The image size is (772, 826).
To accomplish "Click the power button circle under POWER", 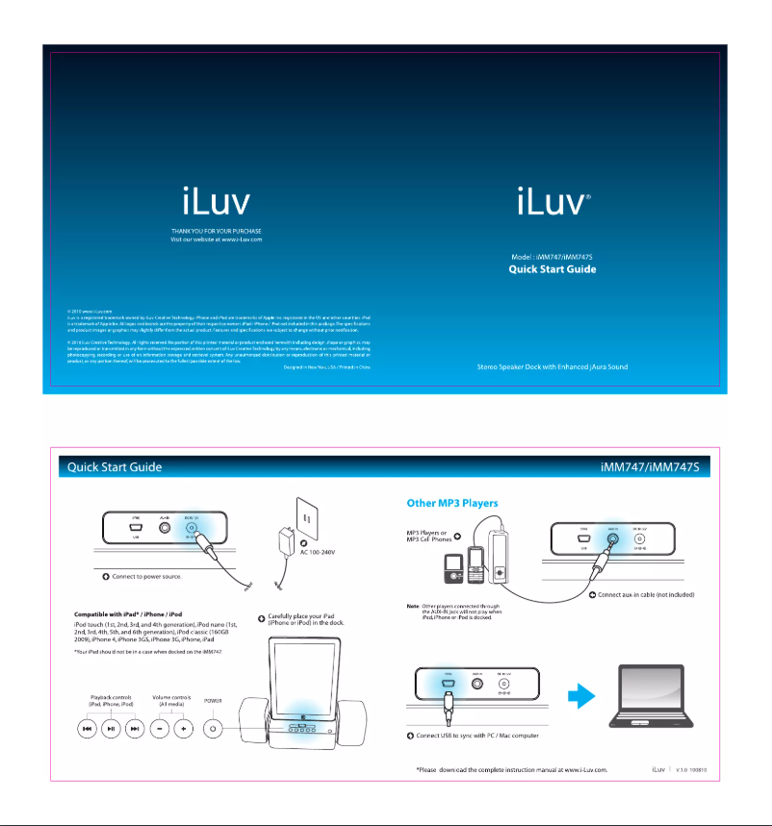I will [214, 729].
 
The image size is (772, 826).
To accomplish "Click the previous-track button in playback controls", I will [87, 729].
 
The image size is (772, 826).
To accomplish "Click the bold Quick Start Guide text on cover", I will [553, 269].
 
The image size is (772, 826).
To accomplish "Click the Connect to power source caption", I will [149, 577].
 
